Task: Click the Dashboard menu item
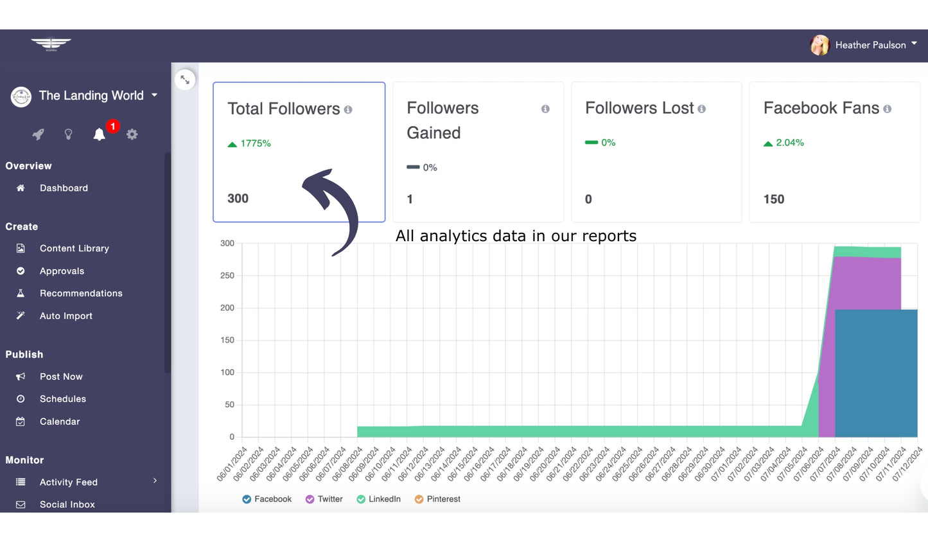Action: (x=64, y=188)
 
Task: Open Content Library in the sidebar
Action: (x=74, y=248)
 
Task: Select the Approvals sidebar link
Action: (x=62, y=271)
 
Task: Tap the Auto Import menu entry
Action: (x=66, y=316)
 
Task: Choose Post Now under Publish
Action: (x=61, y=377)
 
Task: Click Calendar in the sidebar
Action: (x=60, y=421)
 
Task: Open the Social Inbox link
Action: (x=67, y=505)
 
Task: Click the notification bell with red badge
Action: (x=100, y=134)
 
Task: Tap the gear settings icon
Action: (x=132, y=134)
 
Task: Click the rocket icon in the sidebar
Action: (x=39, y=134)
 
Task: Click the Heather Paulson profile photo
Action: (x=819, y=45)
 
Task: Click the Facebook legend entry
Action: (x=267, y=499)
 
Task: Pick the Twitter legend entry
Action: (x=324, y=499)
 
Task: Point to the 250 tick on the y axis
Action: (x=227, y=275)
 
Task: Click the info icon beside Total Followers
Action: (x=348, y=110)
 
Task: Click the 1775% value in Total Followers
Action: (x=256, y=143)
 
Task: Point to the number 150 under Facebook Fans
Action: (x=774, y=199)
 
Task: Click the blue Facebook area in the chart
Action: (x=876, y=373)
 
